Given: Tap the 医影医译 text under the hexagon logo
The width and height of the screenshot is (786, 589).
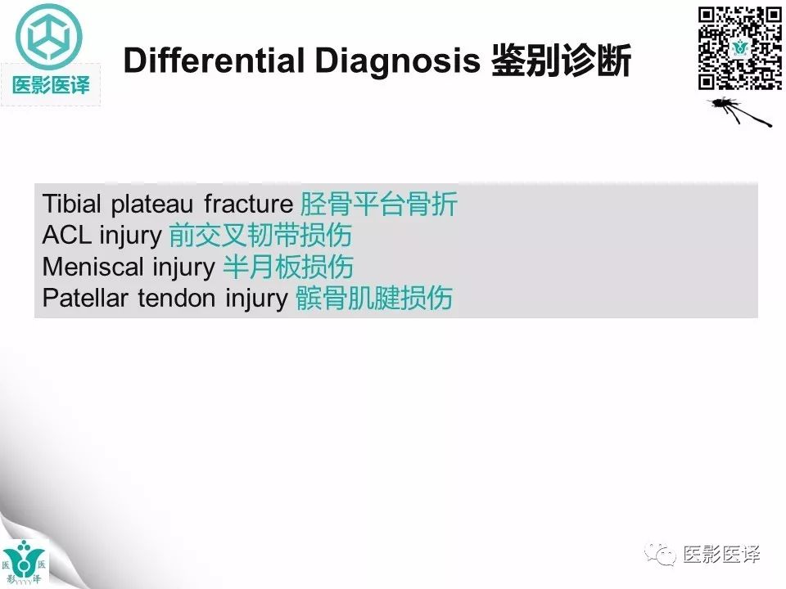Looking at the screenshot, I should (51, 84).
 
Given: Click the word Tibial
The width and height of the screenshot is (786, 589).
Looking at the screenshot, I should (73, 204).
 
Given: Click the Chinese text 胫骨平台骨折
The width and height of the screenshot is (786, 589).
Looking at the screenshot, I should (378, 204).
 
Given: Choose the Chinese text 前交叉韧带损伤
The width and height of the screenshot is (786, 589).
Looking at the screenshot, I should (260, 236).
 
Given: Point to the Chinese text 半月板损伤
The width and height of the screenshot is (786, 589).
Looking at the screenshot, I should (288, 267).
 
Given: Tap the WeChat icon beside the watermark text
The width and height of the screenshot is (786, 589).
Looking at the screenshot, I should (661, 554).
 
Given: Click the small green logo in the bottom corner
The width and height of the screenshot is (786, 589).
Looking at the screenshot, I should (25, 563).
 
